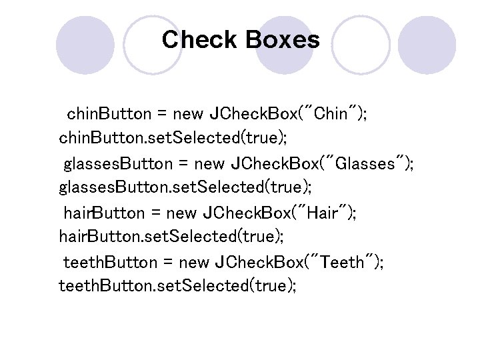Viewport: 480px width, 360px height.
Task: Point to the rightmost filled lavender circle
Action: click(431, 44)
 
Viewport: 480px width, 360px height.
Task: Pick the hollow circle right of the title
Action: click(361, 44)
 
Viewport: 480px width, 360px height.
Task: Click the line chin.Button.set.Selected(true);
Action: click(173, 138)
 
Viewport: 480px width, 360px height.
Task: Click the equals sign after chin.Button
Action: click(162, 113)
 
